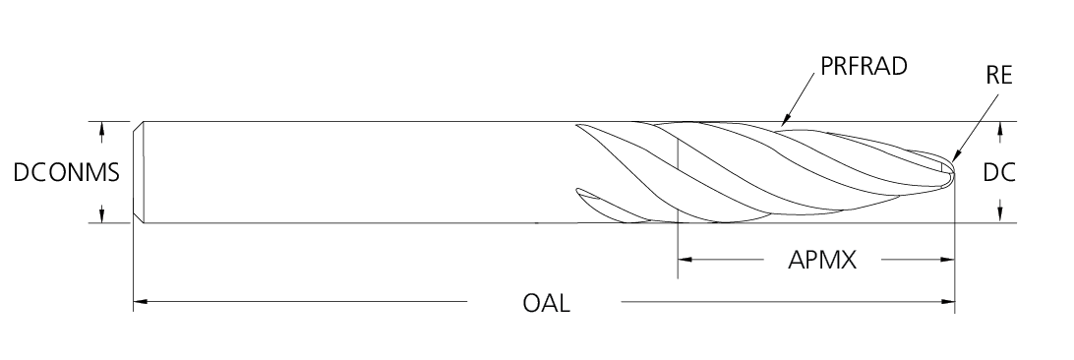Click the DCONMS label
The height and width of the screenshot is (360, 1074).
pyautogui.click(x=67, y=172)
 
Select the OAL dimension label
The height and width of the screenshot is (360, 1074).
pyautogui.click(x=546, y=303)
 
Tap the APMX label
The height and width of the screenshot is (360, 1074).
pyautogui.click(x=822, y=260)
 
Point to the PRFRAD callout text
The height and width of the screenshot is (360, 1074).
pyautogui.click(x=864, y=66)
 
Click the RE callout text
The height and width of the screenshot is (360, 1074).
pyautogui.click(x=998, y=76)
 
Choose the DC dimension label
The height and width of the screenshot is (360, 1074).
pyautogui.click(x=998, y=172)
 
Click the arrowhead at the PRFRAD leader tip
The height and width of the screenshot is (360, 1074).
pyautogui.click(x=786, y=120)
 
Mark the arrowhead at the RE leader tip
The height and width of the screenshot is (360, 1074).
pyautogui.click(x=956, y=156)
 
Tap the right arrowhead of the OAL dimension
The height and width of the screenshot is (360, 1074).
pyautogui.click(x=947, y=301)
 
